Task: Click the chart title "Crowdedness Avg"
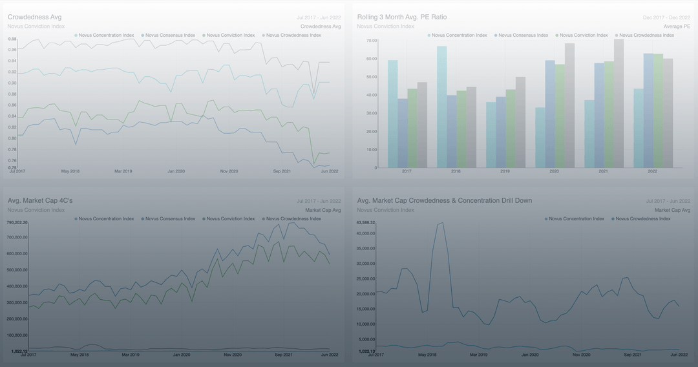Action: point(34,17)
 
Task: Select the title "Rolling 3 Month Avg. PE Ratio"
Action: point(401,17)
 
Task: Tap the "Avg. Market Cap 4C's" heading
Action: point(40,200)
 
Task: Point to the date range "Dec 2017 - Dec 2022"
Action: point(666,17)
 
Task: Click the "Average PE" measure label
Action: point(677,26)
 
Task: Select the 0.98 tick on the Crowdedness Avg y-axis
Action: point(12,39)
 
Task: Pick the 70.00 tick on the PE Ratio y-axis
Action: point(372,41)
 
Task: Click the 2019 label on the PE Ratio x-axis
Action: point(505,171)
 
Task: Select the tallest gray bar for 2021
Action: point(619,103)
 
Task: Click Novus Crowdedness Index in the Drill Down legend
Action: point(642,219)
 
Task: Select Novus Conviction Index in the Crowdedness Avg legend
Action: point(230,36)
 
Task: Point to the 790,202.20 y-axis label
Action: point(17,222)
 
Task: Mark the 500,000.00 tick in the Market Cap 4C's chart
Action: point(17,270)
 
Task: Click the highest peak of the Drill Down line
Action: point(442,223)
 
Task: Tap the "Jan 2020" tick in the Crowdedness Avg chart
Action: point(176,171)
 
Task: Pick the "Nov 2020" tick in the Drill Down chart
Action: point(581,355)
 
